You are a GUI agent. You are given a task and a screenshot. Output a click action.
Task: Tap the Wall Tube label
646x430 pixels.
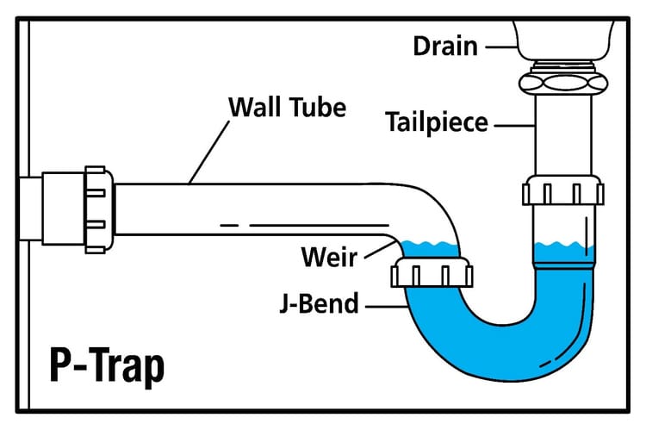(x=286, y=108)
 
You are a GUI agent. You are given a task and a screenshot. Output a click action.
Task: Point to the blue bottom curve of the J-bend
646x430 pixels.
(x=500, y=362)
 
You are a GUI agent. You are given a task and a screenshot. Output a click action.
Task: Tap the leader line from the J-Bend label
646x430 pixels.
(x=382, y=304)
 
